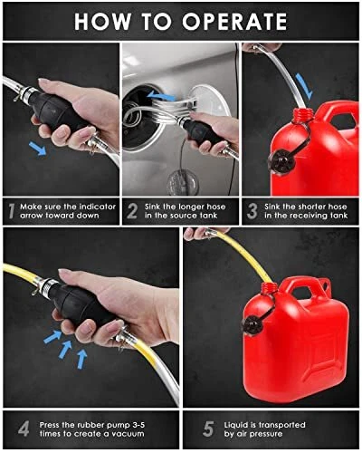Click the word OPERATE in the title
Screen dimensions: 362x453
tap(234, 22)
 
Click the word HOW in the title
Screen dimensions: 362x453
tap(102, 22)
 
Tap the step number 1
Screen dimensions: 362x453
tap(12, 211)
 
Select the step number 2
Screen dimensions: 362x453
tap(132, 211)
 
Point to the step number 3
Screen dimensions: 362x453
tap(252, 211)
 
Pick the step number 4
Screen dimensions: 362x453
tap(24, 429)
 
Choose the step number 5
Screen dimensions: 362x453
tap(208, 429)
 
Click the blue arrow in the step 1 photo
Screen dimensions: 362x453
tap(38, 149)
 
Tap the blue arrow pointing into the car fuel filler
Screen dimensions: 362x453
tap(160, 95)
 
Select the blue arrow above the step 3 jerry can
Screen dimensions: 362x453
tap(304, 86)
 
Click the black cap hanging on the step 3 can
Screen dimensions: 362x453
tap(282, 161)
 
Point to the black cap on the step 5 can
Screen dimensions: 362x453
tap(252, 324)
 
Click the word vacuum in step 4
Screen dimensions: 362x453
tap(129, 434)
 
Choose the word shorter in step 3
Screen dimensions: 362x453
tap(313, 207)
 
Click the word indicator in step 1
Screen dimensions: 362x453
tap(97, 207)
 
